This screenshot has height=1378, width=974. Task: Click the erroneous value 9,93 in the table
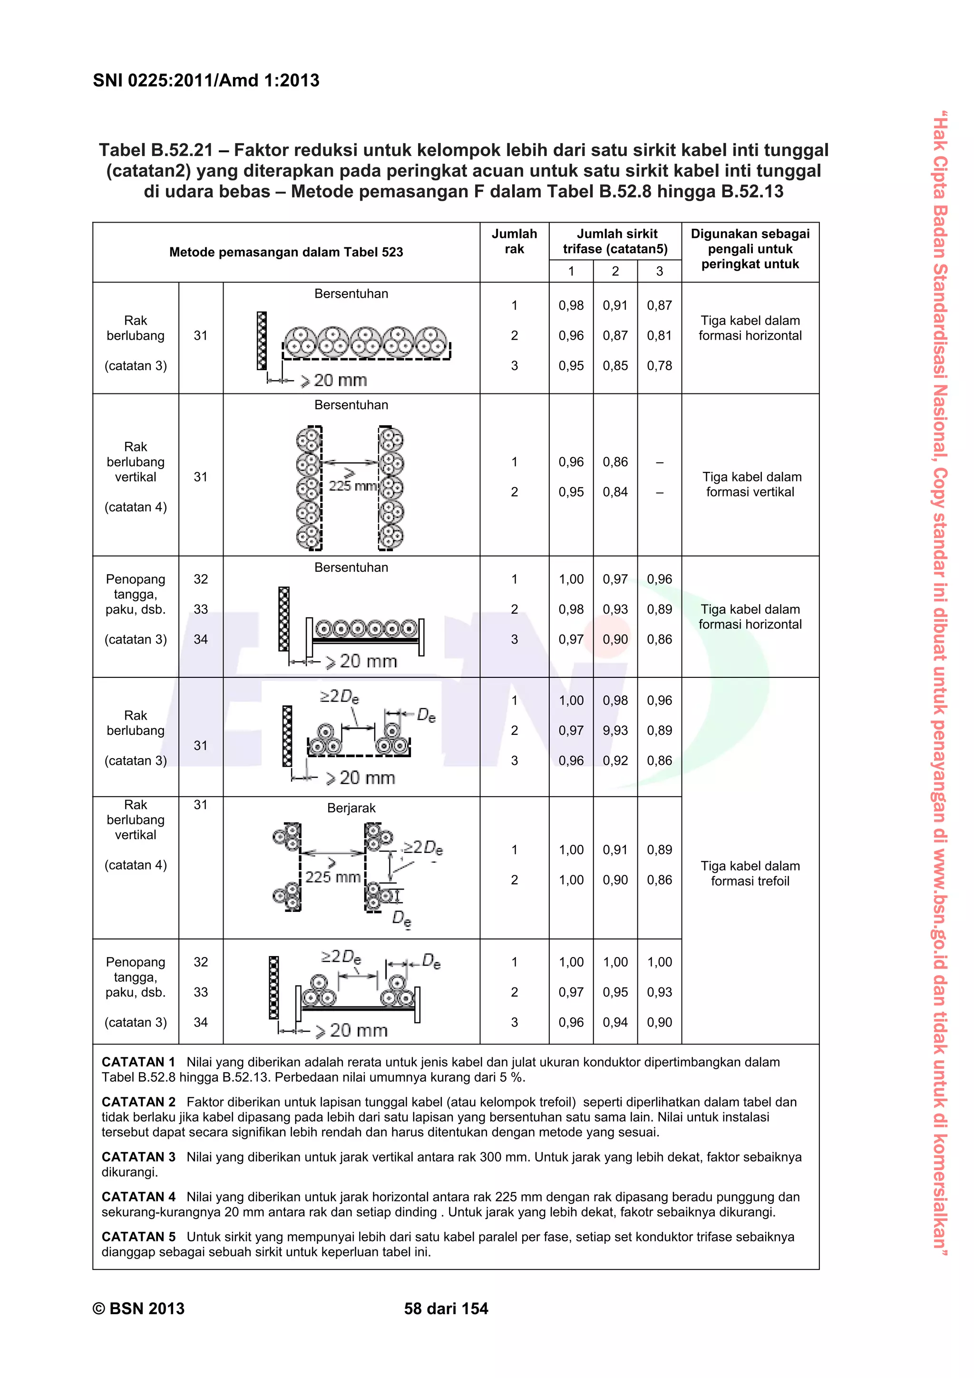(x=615, y=731)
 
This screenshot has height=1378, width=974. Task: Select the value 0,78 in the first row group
(x=659, y=365)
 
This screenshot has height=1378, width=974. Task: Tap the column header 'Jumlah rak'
(x=514, y=241)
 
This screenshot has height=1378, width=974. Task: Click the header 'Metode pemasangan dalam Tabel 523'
(x=286, y=252)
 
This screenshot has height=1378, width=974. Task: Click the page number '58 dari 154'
(x=446, y=1309)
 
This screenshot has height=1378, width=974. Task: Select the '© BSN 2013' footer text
(x=138, y=1309)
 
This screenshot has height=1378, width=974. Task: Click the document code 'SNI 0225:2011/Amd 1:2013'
(x=206, y=80)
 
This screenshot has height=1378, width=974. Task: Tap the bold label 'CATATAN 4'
(x=138, y=1197)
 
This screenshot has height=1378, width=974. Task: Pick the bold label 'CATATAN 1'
(x=138, y=1062)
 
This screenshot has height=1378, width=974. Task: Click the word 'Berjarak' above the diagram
(x=351, y=808)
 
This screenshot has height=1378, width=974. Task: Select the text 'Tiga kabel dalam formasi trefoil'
(x=750, y=873)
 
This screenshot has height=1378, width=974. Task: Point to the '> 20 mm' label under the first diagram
(x=340, y=381)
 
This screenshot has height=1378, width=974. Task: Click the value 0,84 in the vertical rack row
(x=615, y=492)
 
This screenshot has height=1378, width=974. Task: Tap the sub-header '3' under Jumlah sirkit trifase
(x=659, y=271)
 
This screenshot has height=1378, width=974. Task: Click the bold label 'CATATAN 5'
(x=138, y=1237)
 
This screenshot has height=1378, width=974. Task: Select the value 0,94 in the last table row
(x=615, y=1022)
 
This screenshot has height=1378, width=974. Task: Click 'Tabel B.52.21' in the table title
(x=156, y=150)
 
